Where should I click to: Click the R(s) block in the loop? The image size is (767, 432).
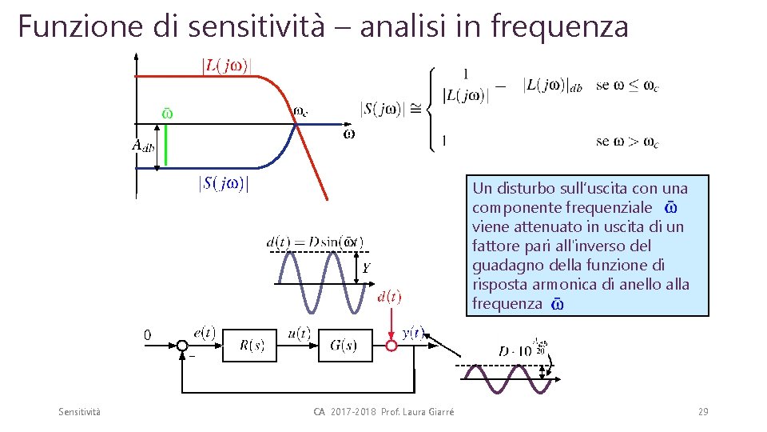(252, 346)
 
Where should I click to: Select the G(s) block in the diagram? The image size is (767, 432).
(343, 346)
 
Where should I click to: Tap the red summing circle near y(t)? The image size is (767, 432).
(391, 346)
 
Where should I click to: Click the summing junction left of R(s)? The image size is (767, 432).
(183, 346)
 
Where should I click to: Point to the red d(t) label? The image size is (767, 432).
(389, 298)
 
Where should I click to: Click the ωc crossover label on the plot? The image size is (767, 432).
(300, 112)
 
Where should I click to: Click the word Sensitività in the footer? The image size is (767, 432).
(80, 411)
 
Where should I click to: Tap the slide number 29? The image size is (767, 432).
(702, 411)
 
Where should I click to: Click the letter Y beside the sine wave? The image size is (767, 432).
(365, 269)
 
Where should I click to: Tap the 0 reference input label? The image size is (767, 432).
(147, 334)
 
